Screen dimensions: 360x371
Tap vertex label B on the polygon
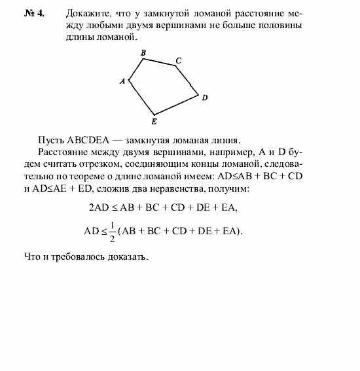point(143,52)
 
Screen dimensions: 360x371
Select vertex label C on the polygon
point(177,60)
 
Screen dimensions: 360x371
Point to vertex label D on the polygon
point(205,98)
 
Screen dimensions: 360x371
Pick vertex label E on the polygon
point(154,121)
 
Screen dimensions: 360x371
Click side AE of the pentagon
point(141,97)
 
